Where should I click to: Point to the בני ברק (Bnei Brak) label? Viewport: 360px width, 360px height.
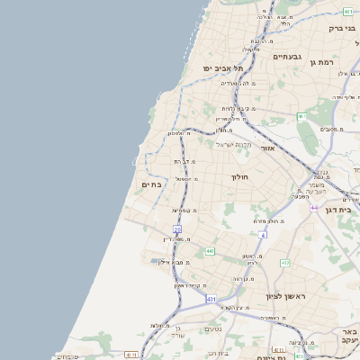pos(338,28)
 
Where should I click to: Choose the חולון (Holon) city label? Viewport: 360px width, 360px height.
pos(239,177)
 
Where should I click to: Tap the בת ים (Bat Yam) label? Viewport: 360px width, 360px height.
pos(151,184)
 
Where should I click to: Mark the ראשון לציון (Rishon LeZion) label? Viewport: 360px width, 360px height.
pos(285,296)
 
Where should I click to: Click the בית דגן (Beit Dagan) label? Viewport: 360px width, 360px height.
pos(346,208)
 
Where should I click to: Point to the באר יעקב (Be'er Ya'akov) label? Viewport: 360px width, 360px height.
pos(350,336)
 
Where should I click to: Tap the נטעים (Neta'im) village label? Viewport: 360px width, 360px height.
pos(213,328)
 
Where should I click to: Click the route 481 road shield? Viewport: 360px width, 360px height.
pos(348,11)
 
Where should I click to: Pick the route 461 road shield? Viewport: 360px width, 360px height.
pos(301,116)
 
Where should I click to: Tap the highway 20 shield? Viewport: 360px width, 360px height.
pos(177,230)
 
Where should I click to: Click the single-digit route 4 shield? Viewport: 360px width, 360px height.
pos(264,235)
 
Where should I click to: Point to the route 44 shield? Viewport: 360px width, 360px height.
pos(314,207)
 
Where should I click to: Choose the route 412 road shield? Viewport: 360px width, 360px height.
pos(285,263)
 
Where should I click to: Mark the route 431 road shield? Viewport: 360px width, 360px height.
pos(211,298)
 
